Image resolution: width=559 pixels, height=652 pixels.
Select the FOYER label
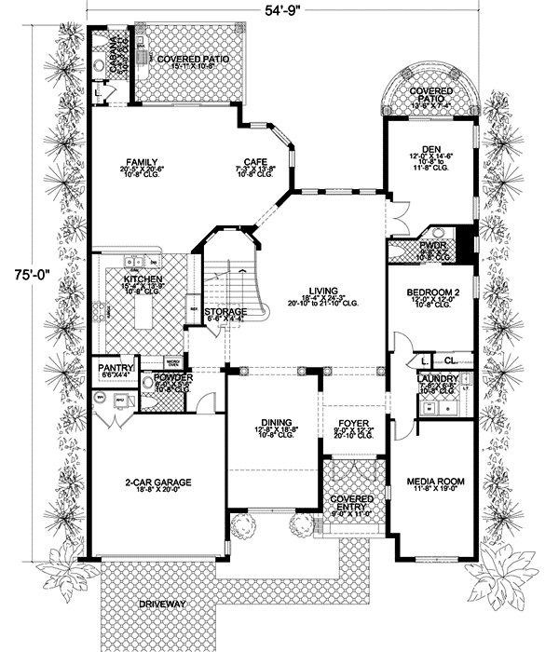354,423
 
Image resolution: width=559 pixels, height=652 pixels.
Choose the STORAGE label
225,311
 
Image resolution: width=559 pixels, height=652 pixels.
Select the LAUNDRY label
438,379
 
